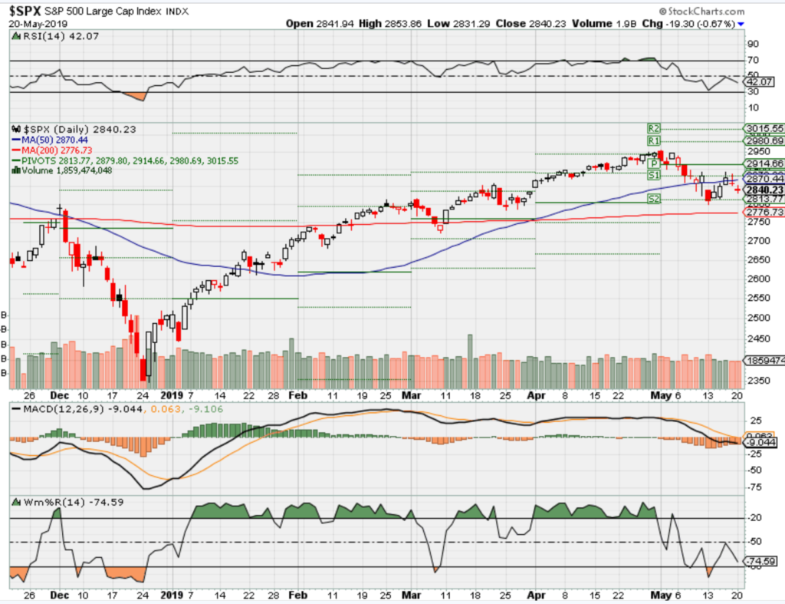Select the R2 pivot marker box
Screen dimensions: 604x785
tap(654, 127)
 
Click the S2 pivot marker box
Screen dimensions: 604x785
tap(654, 199)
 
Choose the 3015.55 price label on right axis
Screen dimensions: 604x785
tap(764, 128)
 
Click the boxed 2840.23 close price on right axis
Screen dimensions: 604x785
tap(764, 190)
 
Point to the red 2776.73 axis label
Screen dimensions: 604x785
tap(764, 212)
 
